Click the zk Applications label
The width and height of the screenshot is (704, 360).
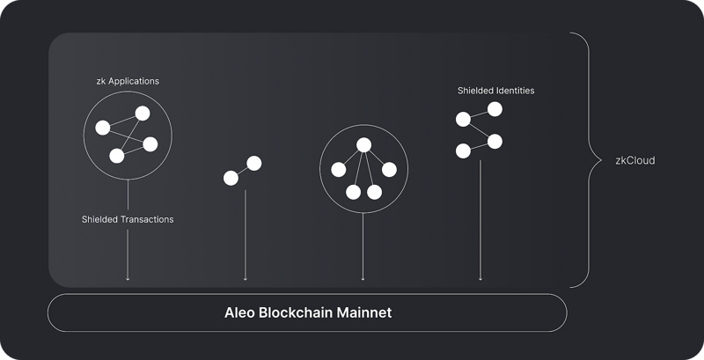(128, 81)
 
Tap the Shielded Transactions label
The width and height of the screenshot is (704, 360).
(128, 219)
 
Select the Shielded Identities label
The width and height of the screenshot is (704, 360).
(495, 90)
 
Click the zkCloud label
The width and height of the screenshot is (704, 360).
(635, 161)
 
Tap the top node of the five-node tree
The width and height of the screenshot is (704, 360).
(363, 147)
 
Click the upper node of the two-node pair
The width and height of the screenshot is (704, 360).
(254, 163)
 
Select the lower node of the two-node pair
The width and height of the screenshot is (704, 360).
(231, 179)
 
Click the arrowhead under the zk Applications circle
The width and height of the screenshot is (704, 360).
(128, 278)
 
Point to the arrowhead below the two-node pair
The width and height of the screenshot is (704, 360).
(245, 278)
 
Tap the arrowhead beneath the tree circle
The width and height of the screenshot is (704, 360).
(363, 278)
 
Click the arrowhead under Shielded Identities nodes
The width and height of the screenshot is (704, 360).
(480, 278)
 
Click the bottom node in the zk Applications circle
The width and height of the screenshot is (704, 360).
(117, 156)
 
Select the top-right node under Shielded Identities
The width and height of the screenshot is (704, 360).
(495, 109)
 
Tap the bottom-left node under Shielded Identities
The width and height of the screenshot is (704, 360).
(463, 151)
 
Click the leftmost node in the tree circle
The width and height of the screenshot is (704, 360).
(337, 170)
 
